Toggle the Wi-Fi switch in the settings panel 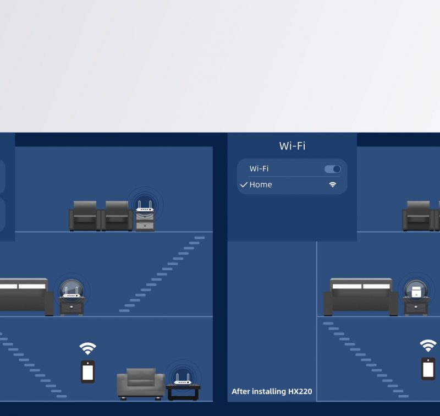(x=333, y=169)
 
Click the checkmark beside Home (x=244, y=185)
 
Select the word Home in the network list (x=261, y=185)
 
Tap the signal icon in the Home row (x=333, y=184)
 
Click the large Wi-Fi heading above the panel (x=292, y=146)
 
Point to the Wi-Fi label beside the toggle (x=259, y=169)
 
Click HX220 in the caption (x=300, y=391)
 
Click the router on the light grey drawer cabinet (x=145, y=206)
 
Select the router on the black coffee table (x=183, y=379)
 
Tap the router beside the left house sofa (x=71, y=292)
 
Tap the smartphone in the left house (x=88, y=371)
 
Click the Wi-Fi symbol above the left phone (x=87, y=348)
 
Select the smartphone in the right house (x=428, y=369)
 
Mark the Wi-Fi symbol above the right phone (x=428, y=346)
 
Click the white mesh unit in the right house (x=416, y=292)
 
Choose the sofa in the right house (x=361, y=297)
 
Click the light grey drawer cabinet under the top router (x=145, y=221)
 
